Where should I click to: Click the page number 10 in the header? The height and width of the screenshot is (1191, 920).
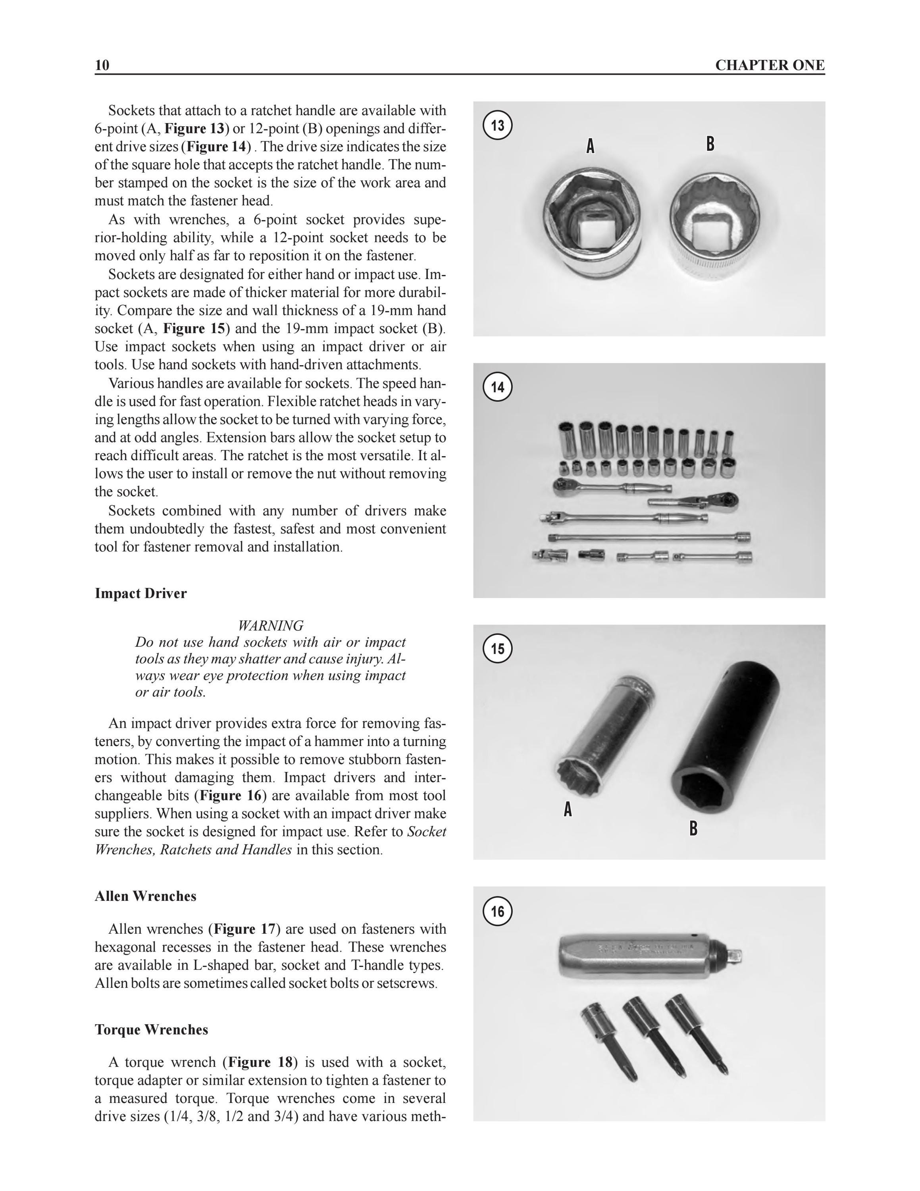click(102, 66)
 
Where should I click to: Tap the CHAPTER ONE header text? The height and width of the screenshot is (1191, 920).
click(770, 66)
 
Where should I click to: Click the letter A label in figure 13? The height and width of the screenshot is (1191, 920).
click(590, 146)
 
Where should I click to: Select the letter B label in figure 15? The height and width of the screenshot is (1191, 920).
click(693, 829)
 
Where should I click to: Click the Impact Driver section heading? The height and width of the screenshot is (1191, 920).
click(141, 594)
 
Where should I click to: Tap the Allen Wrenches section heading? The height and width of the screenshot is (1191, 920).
click(146, 896)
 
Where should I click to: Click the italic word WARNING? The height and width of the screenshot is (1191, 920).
click(271, 626)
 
